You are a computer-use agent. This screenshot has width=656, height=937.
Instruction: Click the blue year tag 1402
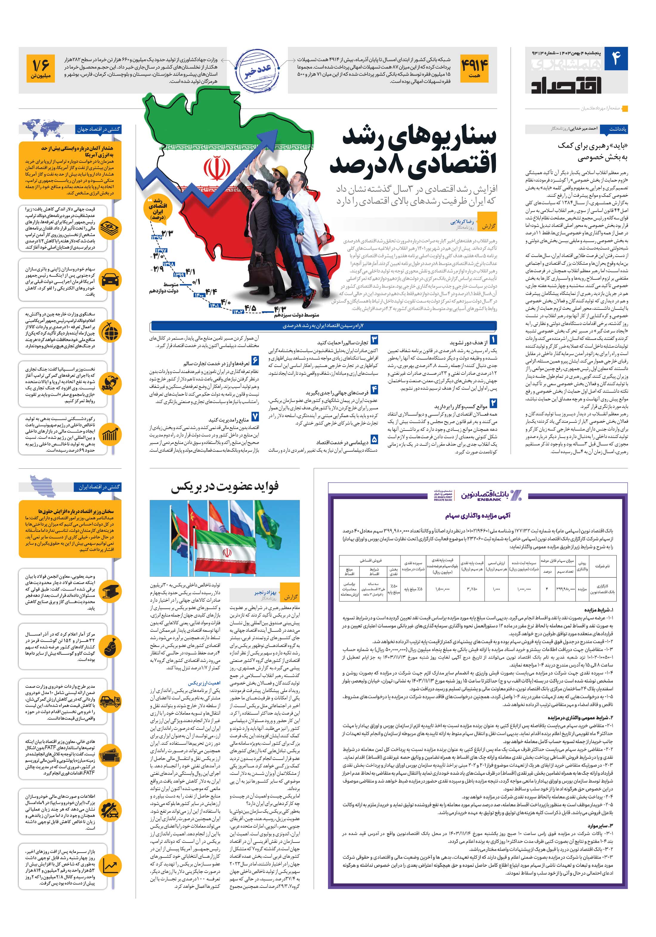point(239,312)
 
